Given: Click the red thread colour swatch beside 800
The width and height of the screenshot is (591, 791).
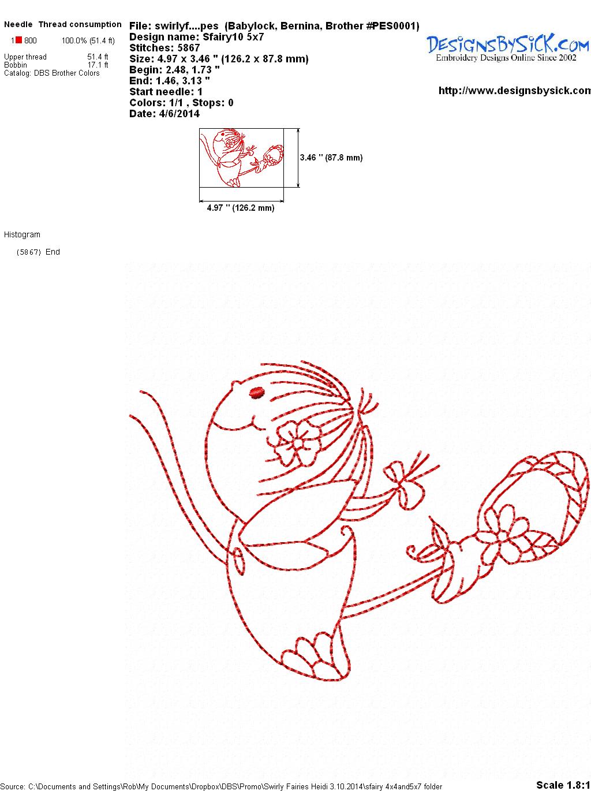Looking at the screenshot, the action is point(18,40).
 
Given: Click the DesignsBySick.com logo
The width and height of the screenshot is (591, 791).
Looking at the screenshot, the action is point(507,48).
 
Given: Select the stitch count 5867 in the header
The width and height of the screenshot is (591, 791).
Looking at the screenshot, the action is point(189,48).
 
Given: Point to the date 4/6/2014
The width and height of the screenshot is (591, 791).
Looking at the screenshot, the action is point(179,114).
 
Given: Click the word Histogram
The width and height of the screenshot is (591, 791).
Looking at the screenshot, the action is point(22,234).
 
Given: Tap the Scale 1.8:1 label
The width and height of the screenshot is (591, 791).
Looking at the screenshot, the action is point(563,785).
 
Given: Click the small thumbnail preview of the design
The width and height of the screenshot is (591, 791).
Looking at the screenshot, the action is point(241,158).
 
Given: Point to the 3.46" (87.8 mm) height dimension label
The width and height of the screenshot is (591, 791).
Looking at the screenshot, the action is point(331,158).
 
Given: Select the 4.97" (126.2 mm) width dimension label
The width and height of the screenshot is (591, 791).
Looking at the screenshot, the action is point(241,208).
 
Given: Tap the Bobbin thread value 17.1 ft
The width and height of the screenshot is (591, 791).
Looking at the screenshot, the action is point(98,65).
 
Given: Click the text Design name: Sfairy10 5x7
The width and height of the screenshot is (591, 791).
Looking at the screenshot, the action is point(197,37).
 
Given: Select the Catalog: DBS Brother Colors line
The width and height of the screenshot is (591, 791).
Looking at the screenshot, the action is point(51,73).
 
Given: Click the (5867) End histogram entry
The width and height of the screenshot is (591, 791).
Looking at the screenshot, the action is point(38,252).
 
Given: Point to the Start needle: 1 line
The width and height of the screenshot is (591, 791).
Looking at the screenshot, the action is point(166,92).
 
